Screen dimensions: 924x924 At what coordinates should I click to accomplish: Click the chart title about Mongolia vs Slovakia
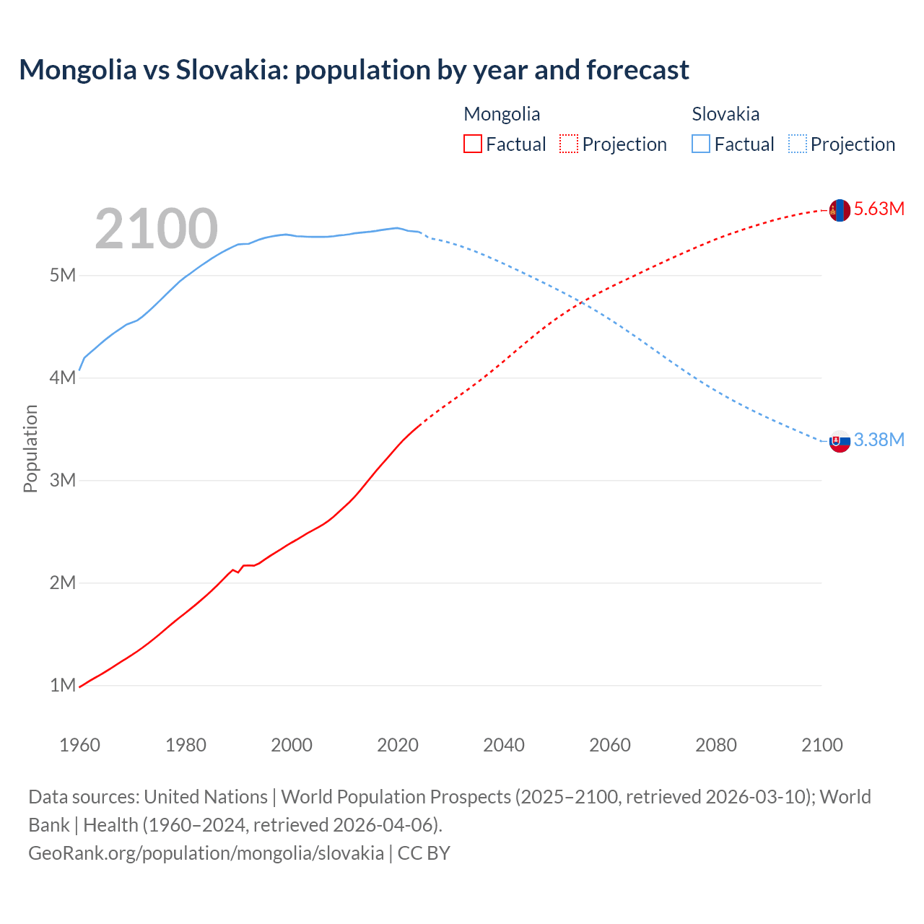point(354,70)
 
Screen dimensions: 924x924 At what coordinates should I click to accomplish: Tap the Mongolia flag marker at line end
point(840,210)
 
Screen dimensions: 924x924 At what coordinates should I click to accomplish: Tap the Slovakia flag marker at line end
point(840,441)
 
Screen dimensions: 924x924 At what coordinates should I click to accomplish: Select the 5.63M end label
point(879,209)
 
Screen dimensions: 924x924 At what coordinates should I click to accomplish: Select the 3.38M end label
point(879,440)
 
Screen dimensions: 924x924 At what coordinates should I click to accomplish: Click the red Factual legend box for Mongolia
point(472,144)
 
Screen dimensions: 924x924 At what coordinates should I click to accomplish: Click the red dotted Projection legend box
point(569,144)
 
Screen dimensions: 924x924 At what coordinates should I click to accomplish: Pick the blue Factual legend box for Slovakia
point(701,144)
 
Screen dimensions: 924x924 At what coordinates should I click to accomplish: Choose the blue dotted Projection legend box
point(797,144)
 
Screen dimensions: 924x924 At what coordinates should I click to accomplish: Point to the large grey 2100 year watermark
point(156,229)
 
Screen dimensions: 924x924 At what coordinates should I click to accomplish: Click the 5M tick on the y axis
point(63,276)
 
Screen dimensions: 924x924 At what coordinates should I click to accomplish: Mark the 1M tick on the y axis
point(63,685)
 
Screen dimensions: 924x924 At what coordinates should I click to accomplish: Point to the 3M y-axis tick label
point(63,481)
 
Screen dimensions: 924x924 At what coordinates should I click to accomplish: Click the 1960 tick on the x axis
point(79,745)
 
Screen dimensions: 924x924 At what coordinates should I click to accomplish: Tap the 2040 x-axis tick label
point(504,745)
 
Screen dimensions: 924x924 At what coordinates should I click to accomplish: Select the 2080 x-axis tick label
point(716,745)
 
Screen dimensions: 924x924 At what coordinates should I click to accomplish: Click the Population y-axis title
point(30,448)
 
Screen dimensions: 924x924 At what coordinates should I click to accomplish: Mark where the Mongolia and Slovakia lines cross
point(582,302)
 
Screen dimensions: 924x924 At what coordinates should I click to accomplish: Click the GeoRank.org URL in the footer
point(206,853)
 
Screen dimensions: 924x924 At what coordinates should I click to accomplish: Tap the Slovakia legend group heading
point(725,114)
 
